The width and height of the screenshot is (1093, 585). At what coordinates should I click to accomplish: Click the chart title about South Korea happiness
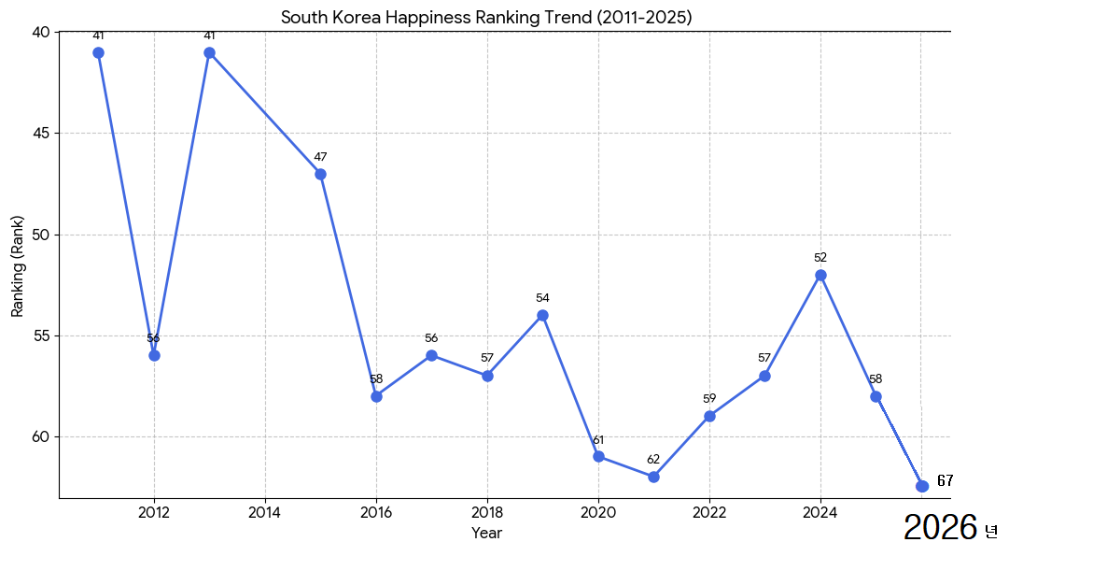486,18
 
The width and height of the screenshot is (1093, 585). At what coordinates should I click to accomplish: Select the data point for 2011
98,52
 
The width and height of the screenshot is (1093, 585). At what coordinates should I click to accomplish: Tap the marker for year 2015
320,174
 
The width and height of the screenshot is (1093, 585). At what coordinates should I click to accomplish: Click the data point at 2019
542,315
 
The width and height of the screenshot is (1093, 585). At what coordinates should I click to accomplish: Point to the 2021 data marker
653,477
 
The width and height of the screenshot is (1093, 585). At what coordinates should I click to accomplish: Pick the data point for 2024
820,275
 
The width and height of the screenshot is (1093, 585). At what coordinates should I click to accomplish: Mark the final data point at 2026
922,486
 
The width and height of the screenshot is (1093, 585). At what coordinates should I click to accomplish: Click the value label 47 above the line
320,157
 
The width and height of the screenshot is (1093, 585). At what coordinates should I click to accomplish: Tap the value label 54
542,298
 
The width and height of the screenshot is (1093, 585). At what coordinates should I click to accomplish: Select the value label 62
653,460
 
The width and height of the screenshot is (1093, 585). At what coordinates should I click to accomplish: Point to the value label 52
820,258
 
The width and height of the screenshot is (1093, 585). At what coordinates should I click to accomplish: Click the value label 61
598,439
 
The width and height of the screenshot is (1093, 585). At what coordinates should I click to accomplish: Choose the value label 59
709,399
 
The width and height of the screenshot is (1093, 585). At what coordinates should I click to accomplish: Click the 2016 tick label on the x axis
376,512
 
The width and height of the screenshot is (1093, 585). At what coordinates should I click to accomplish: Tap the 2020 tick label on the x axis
598,512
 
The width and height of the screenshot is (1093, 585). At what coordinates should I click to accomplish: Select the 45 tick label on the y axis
40,134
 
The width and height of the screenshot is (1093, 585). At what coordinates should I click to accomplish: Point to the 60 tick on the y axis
40,437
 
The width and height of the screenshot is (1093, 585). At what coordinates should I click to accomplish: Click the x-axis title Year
486,534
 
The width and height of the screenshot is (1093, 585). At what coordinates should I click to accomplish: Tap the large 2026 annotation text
941,529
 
